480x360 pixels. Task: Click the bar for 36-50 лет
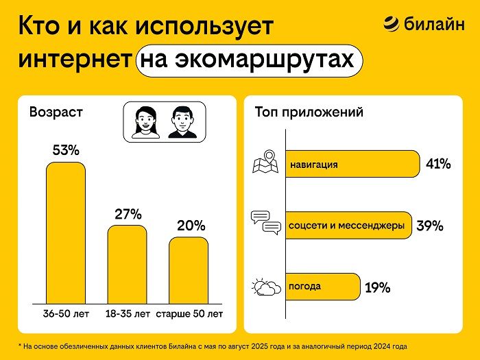pyautogui.click(x=66, y=233)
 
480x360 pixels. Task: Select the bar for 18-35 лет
pyautogui.click(x=127, y=264)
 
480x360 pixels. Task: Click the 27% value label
pyautogui.click(x=128, y=214)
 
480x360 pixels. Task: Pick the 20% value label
pyautogui.click(x=190, y=226)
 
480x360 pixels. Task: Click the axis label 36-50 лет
pyautogui.click(x=66, y=314)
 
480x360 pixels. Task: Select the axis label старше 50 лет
pyautogui.click(x=189, y=314)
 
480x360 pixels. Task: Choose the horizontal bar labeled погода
pyautogui.click(x=322, y=286)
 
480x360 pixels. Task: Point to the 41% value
pyautogui.click(x=437, y=165)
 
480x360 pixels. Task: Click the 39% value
pyautogui.click(x=430, y=226)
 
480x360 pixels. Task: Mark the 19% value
pyautogui.click(x=377, y=287)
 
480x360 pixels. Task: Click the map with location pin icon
pyautogui.click(x=265, y=163)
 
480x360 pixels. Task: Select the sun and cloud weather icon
pyautogui.click(x=265, y=286)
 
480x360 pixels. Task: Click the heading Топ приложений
pyautogui.click(x=309, y=112)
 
